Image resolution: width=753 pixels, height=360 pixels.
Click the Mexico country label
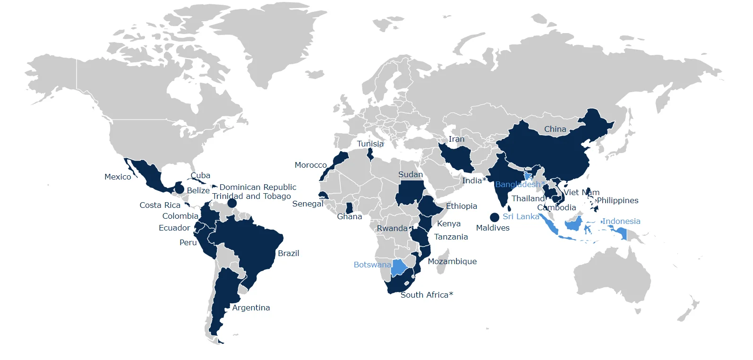pos(118,177)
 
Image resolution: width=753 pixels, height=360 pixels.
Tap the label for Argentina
pos(251,308)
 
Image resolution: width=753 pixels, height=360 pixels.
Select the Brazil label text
pos(288,253)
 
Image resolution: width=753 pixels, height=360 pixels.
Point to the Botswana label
pos(372,265)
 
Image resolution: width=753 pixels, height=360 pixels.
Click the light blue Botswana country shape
pos(399,267)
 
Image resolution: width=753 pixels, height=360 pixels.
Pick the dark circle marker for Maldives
pos(494,217)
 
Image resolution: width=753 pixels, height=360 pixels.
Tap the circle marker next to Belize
pos(180,189)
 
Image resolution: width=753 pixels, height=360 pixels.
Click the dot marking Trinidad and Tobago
pos(232,203)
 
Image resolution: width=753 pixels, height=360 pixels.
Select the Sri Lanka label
pos(521,216)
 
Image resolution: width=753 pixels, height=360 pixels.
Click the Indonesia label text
pos(621,221)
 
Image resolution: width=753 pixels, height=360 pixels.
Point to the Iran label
pos(456,139)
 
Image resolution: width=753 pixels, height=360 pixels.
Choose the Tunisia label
pos(370,144)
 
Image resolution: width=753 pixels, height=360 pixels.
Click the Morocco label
pos(310,165)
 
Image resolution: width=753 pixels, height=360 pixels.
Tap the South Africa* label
pos(427,295)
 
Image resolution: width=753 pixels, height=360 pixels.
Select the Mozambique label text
pos(452,261)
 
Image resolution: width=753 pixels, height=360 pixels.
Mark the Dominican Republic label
pos(258,187)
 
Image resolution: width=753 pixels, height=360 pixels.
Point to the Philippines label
pos(617,200)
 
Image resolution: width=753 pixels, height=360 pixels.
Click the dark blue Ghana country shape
pos(349,208)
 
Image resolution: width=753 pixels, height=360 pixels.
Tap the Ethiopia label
pos(462,206)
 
